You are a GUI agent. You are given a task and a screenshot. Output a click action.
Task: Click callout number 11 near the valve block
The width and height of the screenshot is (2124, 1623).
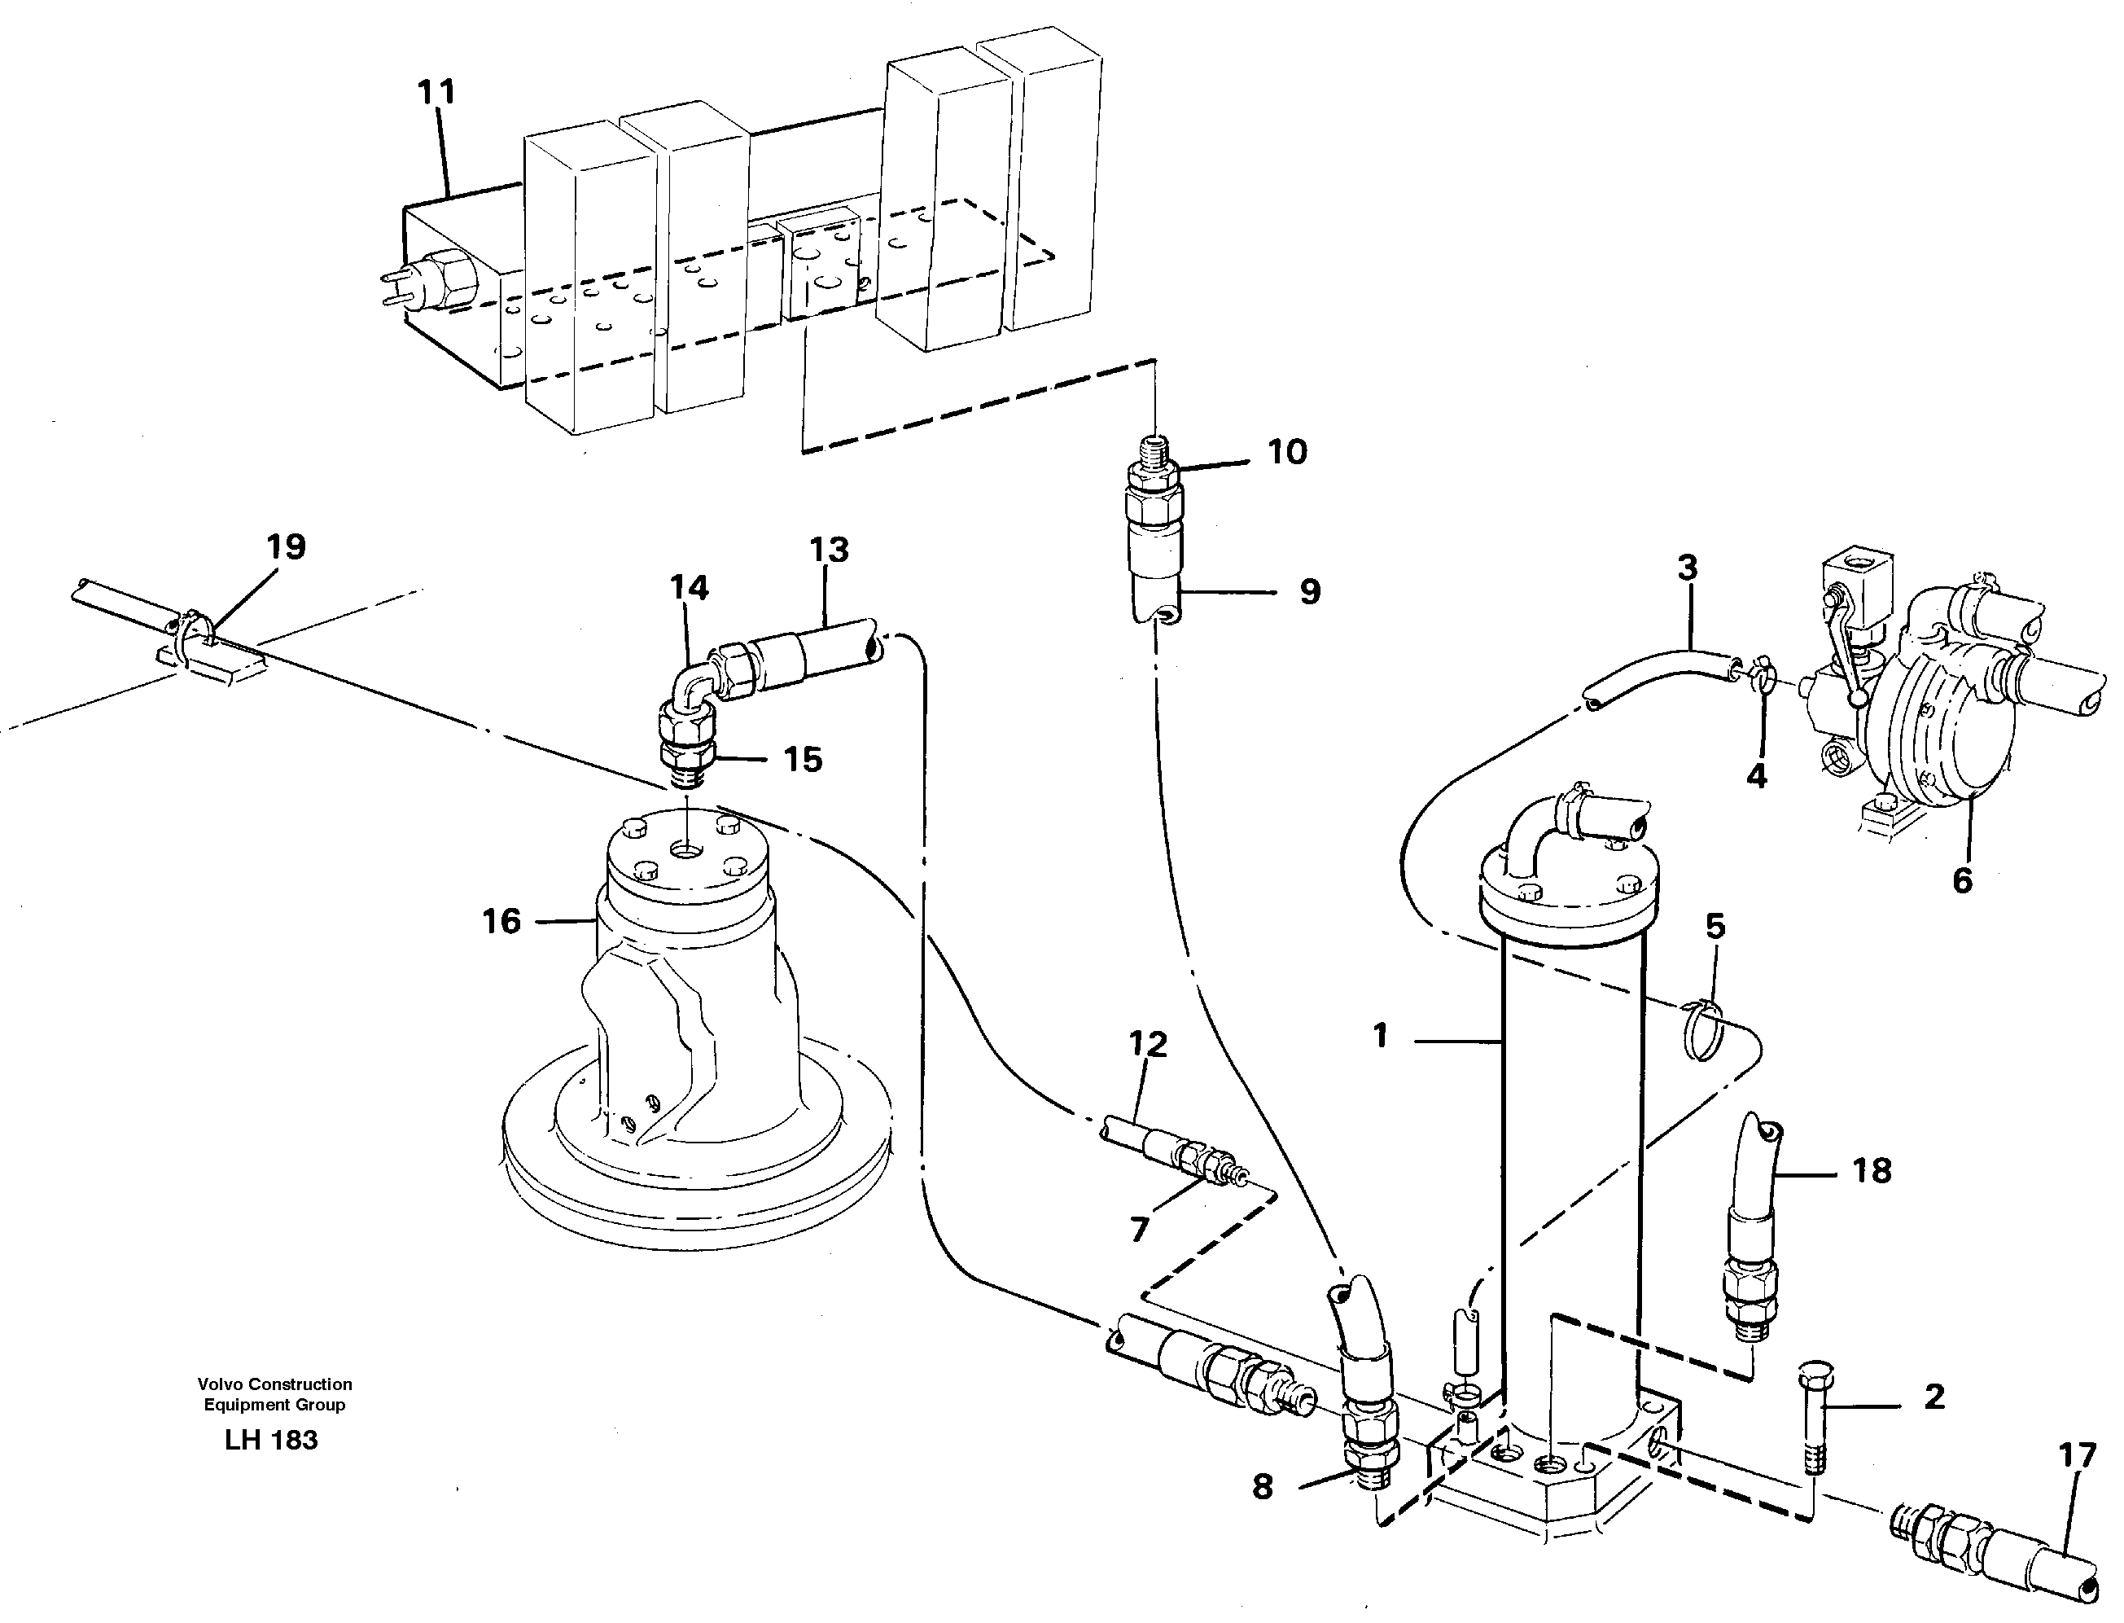click(436, 93)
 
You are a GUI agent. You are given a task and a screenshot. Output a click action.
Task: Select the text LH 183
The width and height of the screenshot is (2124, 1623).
click(270, 1441)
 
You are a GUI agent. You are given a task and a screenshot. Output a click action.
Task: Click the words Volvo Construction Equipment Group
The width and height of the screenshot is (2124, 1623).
click(274, 1394)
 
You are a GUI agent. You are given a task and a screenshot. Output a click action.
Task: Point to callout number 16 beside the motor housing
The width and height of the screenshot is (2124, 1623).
click(501, 921)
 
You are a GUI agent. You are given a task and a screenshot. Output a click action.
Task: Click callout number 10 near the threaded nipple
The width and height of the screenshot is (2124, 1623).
click(1286, 451)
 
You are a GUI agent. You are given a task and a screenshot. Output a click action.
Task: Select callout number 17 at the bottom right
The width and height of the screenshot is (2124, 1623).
click(2077, 1455)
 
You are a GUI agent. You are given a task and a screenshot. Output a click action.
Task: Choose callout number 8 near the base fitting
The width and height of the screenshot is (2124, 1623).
click(1263, 1487)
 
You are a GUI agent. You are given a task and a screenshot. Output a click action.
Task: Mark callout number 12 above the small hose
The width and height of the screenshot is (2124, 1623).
click(1148, 1044)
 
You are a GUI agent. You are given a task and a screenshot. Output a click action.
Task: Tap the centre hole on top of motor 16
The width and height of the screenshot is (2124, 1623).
click(687, 852)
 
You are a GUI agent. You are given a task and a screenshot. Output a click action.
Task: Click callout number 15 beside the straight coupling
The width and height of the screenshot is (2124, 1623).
click(803, 759)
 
